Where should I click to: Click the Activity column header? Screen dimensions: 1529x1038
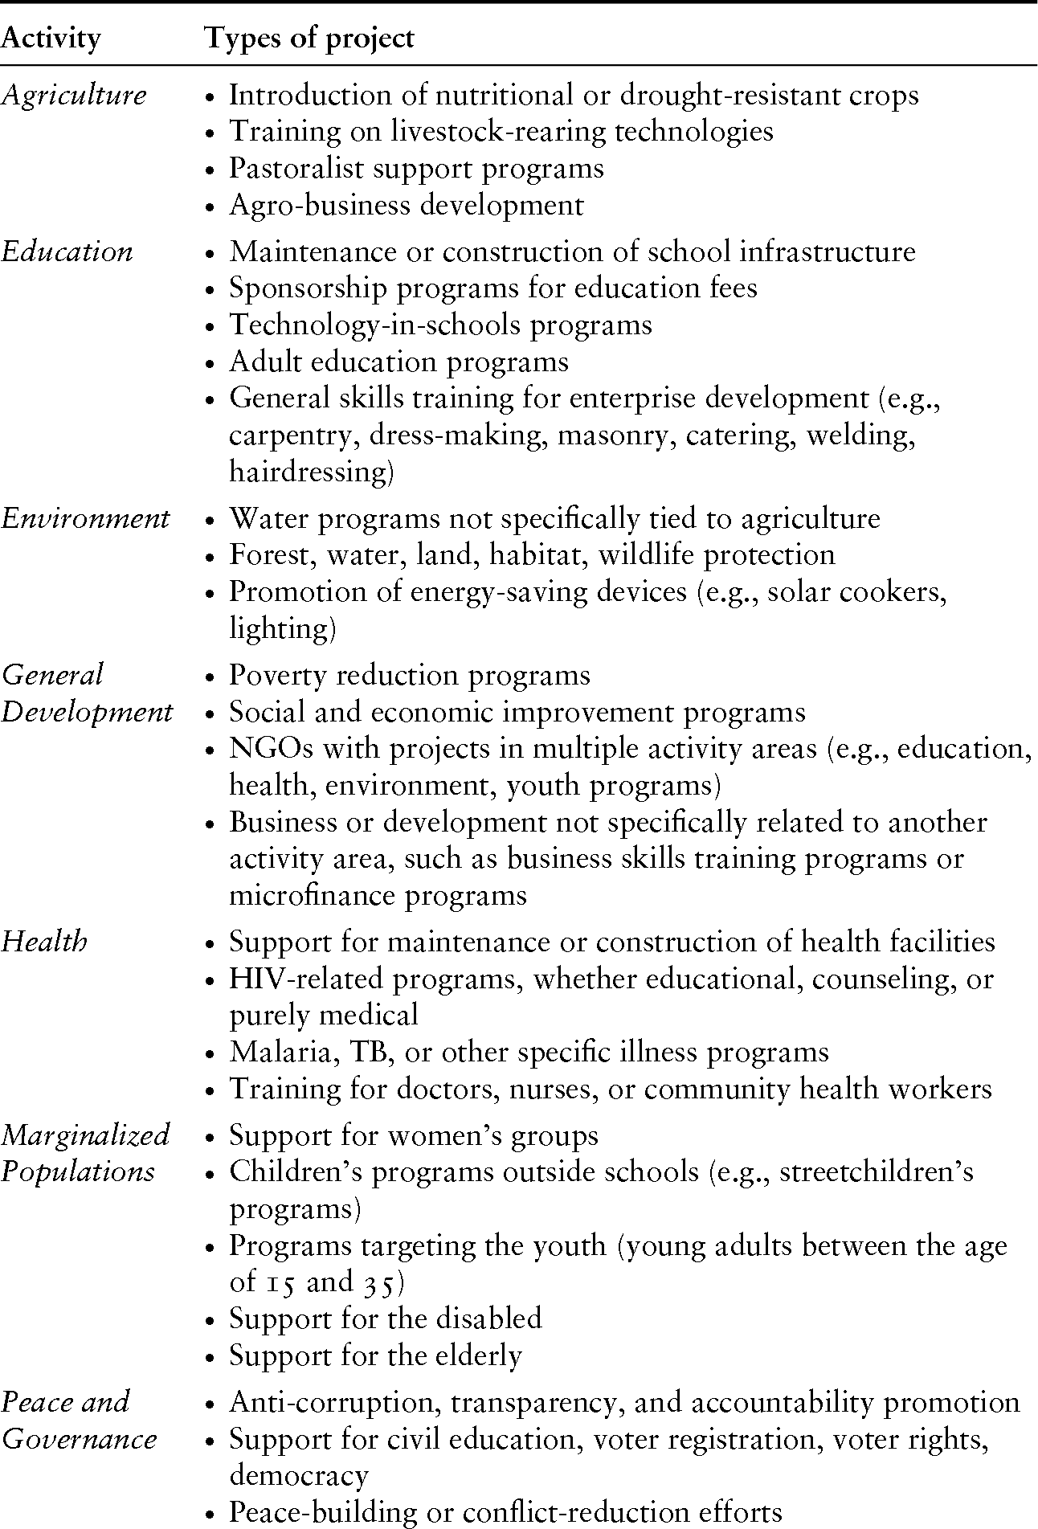point(51,38)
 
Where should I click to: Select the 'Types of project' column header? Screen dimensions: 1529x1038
point(309,38)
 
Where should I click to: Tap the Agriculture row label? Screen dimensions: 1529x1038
point(74,95)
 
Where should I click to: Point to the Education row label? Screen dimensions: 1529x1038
point(67,251)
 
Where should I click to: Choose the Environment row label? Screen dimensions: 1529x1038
point(85,518)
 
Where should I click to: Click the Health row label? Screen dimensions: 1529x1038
point(44,942)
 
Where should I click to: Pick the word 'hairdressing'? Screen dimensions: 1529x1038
point(311,472)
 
